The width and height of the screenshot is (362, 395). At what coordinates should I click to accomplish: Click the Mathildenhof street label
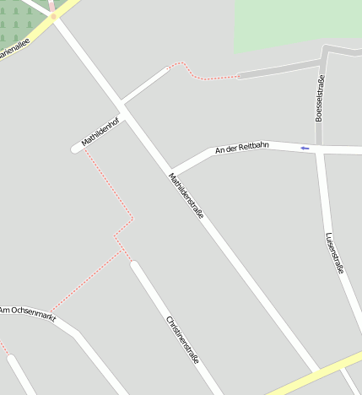point(100,131)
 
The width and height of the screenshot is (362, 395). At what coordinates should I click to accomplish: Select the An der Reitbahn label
point(242,148)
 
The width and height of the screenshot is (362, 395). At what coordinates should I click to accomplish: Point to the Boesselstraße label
point(320,99)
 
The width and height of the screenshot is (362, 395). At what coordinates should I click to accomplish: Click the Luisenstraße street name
point(335,253)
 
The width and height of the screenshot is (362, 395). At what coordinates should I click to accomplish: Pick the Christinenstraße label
point(183,339)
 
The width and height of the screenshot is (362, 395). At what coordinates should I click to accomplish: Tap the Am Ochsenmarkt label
point(27,314)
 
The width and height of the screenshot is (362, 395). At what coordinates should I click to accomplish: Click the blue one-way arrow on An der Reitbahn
point(305,149)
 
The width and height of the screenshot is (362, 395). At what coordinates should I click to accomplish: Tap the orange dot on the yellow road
point(53,16)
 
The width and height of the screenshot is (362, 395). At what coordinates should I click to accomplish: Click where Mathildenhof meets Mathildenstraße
point(123,103)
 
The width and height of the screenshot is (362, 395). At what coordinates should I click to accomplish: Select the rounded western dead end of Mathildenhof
point(75,149)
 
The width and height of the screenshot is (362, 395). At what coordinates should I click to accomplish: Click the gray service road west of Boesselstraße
point(278,68)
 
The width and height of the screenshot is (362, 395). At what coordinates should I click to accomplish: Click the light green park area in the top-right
point(295,21)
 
